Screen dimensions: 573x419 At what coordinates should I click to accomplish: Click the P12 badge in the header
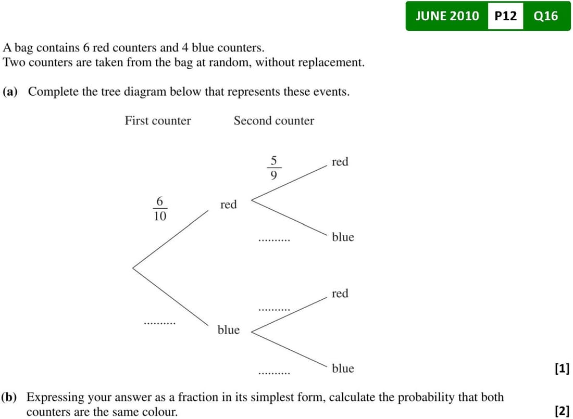(505, 16)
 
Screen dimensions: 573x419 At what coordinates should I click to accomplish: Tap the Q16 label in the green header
(545, 16)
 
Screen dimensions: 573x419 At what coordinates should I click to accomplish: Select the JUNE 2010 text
(447, 16)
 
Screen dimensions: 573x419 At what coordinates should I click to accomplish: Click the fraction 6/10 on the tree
(160, 209)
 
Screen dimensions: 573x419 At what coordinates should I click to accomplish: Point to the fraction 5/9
(273, 168)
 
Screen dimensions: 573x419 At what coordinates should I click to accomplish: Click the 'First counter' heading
(158, 121)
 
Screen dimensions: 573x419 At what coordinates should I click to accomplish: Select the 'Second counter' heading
(273, 121)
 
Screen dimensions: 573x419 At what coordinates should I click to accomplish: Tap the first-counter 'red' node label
(228, 205)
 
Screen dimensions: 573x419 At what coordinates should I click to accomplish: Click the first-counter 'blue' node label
(228, 330)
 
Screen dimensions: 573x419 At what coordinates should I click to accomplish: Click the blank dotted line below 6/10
(160, 323)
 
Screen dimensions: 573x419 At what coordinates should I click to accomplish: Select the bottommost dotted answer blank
(274, 373)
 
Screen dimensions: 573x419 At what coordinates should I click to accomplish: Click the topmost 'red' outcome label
(340, 162)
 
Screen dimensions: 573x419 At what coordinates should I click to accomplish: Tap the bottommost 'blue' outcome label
(343, 369)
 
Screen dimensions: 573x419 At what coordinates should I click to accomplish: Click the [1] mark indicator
(562, 369)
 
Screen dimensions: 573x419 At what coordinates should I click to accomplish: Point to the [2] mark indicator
(562, 412)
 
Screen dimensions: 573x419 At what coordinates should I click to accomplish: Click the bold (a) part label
(10, 92)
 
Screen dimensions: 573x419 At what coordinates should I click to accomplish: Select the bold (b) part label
(9, 398)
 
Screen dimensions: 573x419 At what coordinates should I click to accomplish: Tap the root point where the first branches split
(133, 268)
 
